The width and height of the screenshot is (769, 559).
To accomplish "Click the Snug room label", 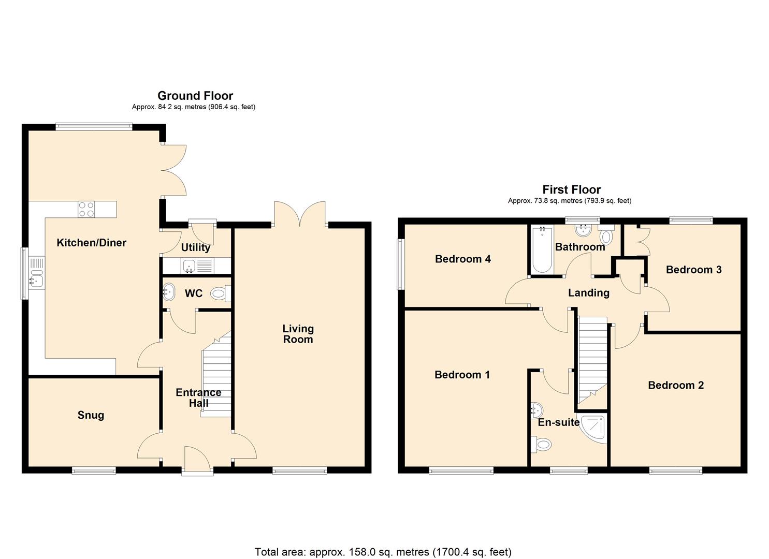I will [91, 415].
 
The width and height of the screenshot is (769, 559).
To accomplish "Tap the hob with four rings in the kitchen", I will [86, 209].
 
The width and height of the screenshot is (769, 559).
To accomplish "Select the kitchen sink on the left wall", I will [37, 277].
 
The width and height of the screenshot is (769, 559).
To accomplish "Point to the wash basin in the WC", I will [168, 292].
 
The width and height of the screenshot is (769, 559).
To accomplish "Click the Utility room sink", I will [189, 267].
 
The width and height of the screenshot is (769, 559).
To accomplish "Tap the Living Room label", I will [298, 334].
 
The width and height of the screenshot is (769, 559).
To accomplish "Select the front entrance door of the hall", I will [197, 461].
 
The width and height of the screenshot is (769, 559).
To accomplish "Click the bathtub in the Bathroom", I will [542, 250].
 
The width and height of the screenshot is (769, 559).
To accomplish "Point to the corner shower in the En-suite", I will [594, 428].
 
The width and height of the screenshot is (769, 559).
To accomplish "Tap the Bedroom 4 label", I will [462, 259].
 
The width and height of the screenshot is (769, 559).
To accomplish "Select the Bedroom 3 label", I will [693, 270].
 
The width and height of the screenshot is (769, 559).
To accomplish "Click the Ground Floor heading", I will [195, 96].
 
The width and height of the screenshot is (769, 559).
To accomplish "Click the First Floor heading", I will [571, 189].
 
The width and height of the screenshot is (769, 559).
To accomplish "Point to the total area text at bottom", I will [383, 552].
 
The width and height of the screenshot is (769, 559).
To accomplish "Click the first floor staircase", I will [592, 357].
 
